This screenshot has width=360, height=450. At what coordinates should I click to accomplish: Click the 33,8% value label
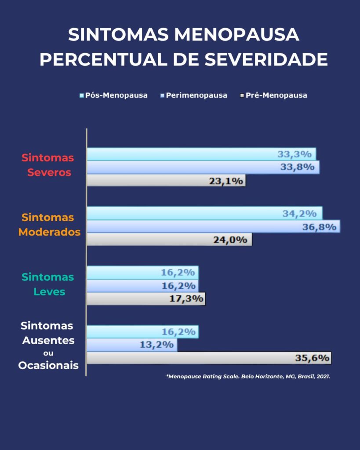[297, 167]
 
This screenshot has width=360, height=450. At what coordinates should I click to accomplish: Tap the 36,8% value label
[319, 227]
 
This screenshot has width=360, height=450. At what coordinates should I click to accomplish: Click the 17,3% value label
[186, 299]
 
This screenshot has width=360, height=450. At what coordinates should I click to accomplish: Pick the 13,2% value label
[156, 345]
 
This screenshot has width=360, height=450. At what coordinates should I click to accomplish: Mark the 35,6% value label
[312, 358]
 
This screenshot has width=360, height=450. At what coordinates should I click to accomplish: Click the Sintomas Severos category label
[49, 165]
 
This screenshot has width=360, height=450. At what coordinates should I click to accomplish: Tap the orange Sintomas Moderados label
[49, 225]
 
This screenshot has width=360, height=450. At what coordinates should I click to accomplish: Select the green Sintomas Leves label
[49, 284]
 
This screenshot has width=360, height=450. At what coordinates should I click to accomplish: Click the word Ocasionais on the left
[48, 365]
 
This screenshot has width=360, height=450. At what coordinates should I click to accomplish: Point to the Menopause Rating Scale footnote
[248, 377]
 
